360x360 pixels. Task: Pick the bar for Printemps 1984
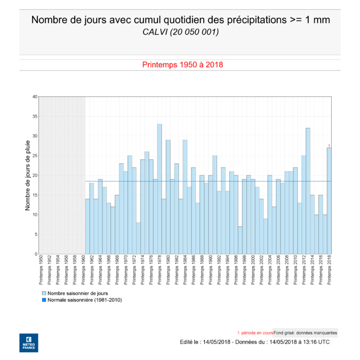(x=185, y=197)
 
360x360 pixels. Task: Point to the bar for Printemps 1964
(x=100, y=217)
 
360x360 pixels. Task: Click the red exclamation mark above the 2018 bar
(x=330, y=146)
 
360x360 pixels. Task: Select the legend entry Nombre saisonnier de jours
(x=75, y=293)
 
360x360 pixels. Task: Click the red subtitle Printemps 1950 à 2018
(x=182, y=65)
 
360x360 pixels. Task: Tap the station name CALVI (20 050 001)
(x=180, y=33)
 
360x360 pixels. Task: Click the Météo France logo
(x=28, y=342)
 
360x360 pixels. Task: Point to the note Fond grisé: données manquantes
(x=306, y=332)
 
